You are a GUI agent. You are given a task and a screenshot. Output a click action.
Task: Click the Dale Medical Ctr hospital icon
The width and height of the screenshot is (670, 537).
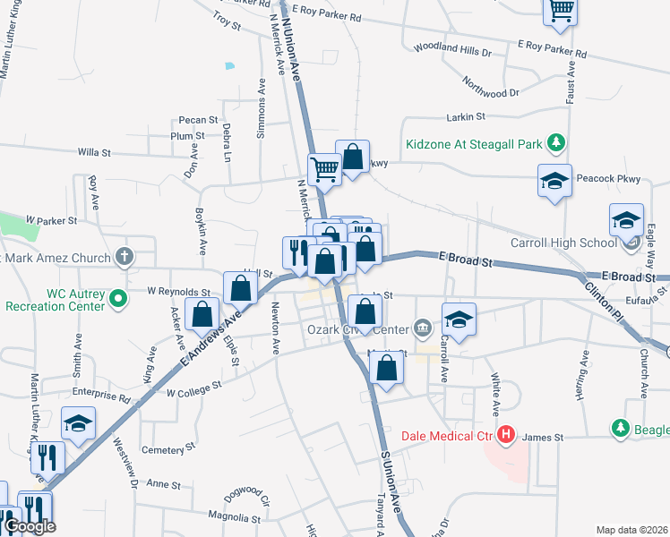(x=506, y=436)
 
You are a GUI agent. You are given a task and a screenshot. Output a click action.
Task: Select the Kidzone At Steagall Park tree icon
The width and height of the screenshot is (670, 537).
(x=556, y=142)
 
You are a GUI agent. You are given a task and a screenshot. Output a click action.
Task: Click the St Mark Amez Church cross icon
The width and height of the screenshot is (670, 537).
(x=125, y=258)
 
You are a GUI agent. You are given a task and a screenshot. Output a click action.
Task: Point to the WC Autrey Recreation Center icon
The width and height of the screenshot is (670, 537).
(x=117, y=299)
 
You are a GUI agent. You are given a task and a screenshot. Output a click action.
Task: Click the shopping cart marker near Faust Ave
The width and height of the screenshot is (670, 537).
(x=561, y=11)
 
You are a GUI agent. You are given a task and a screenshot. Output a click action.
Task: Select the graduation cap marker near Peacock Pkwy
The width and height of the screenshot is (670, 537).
(x=554, y=181)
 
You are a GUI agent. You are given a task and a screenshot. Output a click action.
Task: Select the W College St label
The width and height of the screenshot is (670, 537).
(x=193, y=388)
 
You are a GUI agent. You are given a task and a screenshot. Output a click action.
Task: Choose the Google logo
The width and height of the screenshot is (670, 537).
(x=30, y=526)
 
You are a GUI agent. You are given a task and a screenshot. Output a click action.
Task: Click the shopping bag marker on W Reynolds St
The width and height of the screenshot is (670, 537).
(x=240, y=287)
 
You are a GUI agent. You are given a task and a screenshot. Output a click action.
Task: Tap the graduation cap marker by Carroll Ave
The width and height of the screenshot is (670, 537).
(x=459, y=320)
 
